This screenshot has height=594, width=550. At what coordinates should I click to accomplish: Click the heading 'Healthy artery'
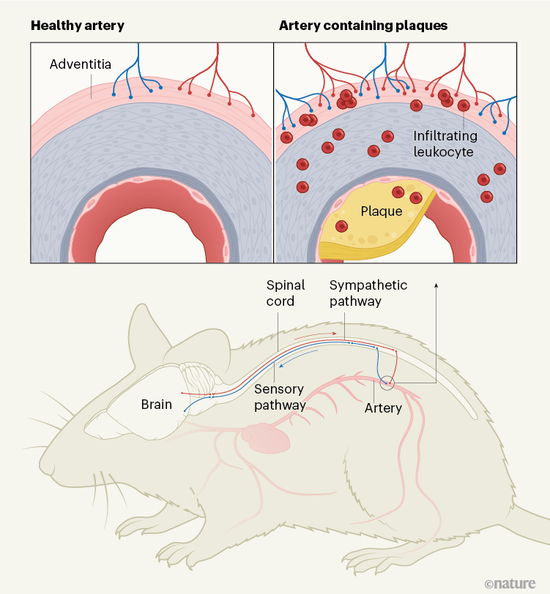[x=77, y=26]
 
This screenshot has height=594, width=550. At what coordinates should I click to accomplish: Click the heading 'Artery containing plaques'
[x=363, y=26]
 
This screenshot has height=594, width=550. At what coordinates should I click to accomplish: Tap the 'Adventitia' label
[x=80, y=64]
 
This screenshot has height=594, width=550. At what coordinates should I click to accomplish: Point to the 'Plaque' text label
[x=382, y=211]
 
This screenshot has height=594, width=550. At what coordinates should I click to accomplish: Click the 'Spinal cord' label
[x=286, y=293]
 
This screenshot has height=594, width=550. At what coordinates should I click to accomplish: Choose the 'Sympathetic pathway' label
[x=368, y=293]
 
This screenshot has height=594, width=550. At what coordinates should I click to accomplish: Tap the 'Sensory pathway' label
[x=279, y=397]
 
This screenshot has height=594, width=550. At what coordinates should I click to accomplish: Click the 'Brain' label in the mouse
[x=156, y=405]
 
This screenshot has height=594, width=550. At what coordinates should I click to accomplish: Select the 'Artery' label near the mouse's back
[x=383, y=408]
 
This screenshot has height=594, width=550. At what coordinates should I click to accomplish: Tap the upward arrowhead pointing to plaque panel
[x=437, y=283]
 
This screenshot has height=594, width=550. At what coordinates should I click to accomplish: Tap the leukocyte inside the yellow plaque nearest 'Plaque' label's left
[x=341, y=227]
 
